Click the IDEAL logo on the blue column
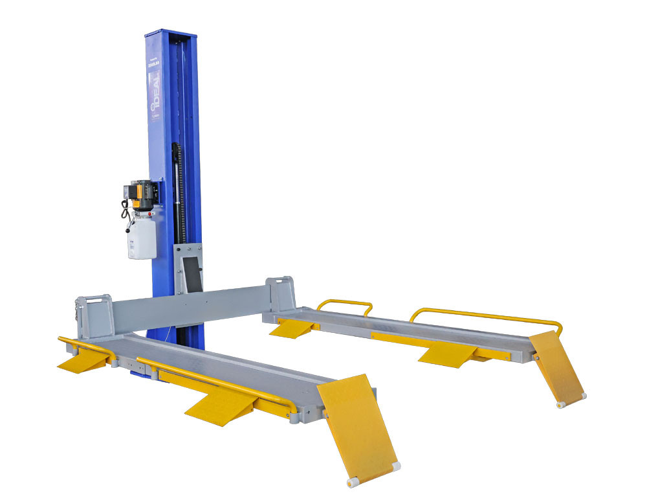coord(155,94)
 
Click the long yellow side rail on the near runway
coord(214,385)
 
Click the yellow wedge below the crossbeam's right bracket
coord(291,328)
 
